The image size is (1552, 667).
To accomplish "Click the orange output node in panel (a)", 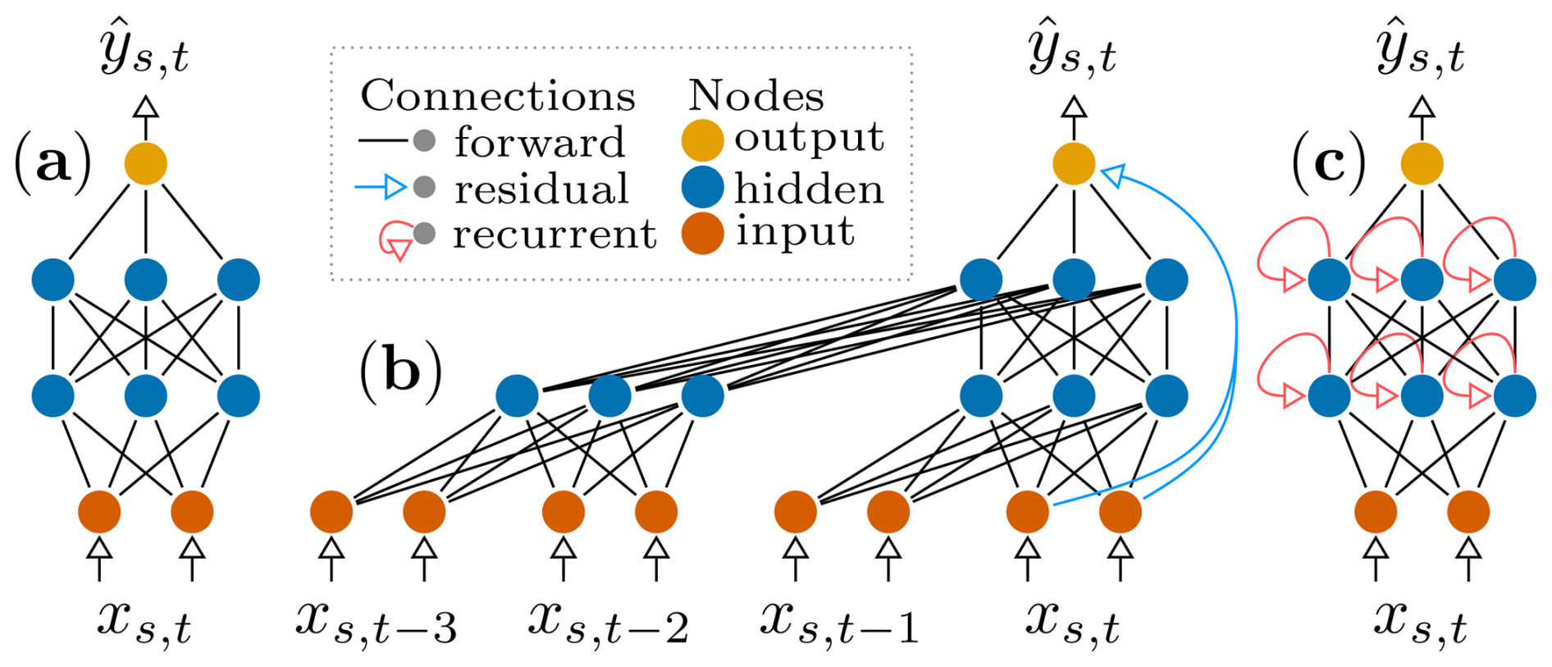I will tap(145, 163).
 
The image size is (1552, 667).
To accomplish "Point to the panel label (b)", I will tap(400, 370).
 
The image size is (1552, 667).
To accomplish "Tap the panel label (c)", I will tap(1328, 163).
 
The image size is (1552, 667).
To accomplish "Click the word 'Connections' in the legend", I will tap(498, 97).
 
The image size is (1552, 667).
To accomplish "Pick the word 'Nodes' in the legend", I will tap(755, 97).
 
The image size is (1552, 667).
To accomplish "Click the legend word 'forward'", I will tap(540, 143).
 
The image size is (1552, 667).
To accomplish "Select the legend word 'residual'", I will tap(541, 190).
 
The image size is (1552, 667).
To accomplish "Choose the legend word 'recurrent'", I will tap(555, 235).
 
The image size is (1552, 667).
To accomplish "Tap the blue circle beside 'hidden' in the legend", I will tap(702, 186).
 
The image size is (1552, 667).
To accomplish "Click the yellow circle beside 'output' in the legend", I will tap(702, 139).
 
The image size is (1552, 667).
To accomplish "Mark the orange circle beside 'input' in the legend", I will tap(702, 233).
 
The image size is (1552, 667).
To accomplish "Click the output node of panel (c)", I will tap(1422, 163).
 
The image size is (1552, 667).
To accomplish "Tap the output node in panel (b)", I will tap(1074, 163).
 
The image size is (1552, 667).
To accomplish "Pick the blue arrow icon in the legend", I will tap(381, 188).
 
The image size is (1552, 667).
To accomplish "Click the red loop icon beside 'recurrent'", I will tap(395, 240).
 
